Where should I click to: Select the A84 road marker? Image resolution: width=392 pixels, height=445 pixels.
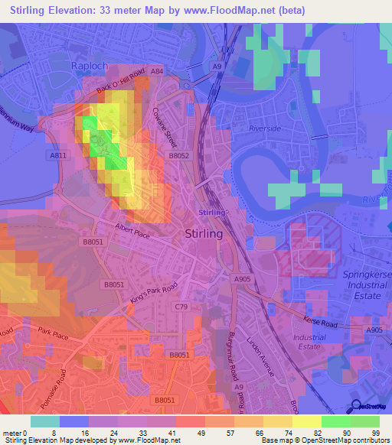point(157,71)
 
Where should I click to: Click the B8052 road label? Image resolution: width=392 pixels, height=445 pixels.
point(178,155)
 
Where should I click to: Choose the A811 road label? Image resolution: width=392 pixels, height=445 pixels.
point(57,155)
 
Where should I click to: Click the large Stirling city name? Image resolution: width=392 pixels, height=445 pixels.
point(204,235)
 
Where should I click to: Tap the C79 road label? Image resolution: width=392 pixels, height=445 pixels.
point(181,307)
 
